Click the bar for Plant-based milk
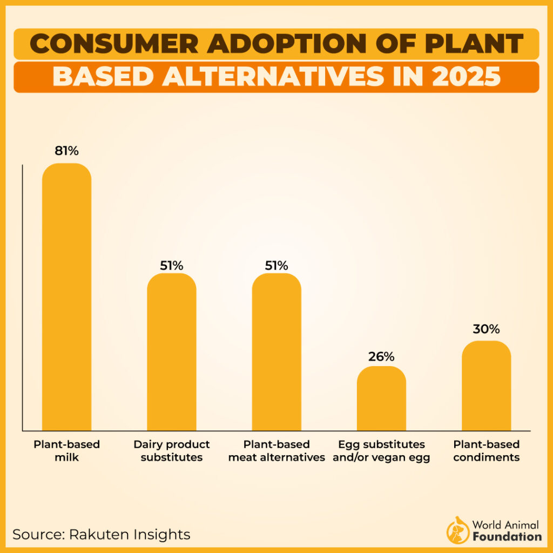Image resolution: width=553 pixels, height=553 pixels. (x=66, y=297)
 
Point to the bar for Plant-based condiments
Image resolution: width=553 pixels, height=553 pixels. (x=486, y=386)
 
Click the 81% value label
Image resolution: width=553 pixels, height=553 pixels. (x=66, y=151)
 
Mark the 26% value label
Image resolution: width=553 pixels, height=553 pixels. (x=381, y=356)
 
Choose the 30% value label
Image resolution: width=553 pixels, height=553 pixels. (x=486, y=329)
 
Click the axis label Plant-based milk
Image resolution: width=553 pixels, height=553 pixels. (x=66, y=451)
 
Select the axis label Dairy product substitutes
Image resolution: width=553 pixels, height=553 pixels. (x=172, y=451)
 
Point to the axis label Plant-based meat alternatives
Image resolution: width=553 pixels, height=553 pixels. (x=276, y=451)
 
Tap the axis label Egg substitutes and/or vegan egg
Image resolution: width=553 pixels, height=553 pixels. (x=381, y=451)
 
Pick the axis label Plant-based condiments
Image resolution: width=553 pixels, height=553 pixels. (x=486, y=451)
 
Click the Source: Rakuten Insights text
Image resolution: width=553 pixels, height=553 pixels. (x=102, y=534)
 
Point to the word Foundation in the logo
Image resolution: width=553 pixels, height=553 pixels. (x=507, y=536)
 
